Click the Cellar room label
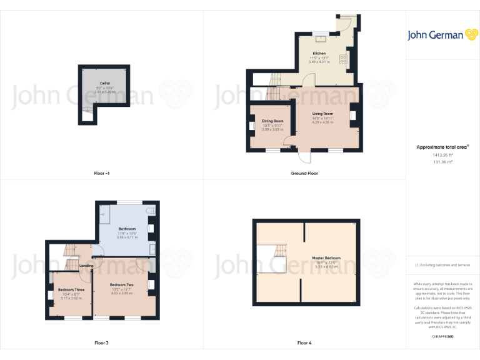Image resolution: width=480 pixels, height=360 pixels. click(104, 83)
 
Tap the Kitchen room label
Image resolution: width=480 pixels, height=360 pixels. click(319, 54)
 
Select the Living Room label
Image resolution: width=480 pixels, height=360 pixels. click(323, 113)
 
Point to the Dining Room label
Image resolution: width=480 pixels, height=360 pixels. click(272, 121)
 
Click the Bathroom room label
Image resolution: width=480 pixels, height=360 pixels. click(127, 229)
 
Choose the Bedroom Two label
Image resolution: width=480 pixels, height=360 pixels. click(122, 285)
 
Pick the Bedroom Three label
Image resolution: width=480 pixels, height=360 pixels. click(71, 290)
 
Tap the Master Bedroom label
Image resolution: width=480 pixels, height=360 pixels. click(326, 257)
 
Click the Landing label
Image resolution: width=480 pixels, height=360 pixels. click(86, 266)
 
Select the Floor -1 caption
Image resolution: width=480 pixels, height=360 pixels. click(102, 173)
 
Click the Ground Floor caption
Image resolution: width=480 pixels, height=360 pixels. click(304, 173)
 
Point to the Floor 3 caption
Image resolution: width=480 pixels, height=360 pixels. click(101, 343)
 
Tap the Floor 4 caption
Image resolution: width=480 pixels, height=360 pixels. click(304, 343)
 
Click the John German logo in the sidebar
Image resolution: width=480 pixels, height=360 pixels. click(442, 35)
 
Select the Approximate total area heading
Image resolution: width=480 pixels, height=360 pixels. click(442, 147)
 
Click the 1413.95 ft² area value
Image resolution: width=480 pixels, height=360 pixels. click(442, 154)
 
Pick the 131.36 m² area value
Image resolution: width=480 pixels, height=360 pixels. click(442, 161)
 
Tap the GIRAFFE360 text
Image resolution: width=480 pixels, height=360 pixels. click(442, 337)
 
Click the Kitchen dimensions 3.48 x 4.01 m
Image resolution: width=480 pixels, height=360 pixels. click(319, 62)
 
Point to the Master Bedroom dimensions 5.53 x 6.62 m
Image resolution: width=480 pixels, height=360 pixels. click(326, 266)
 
